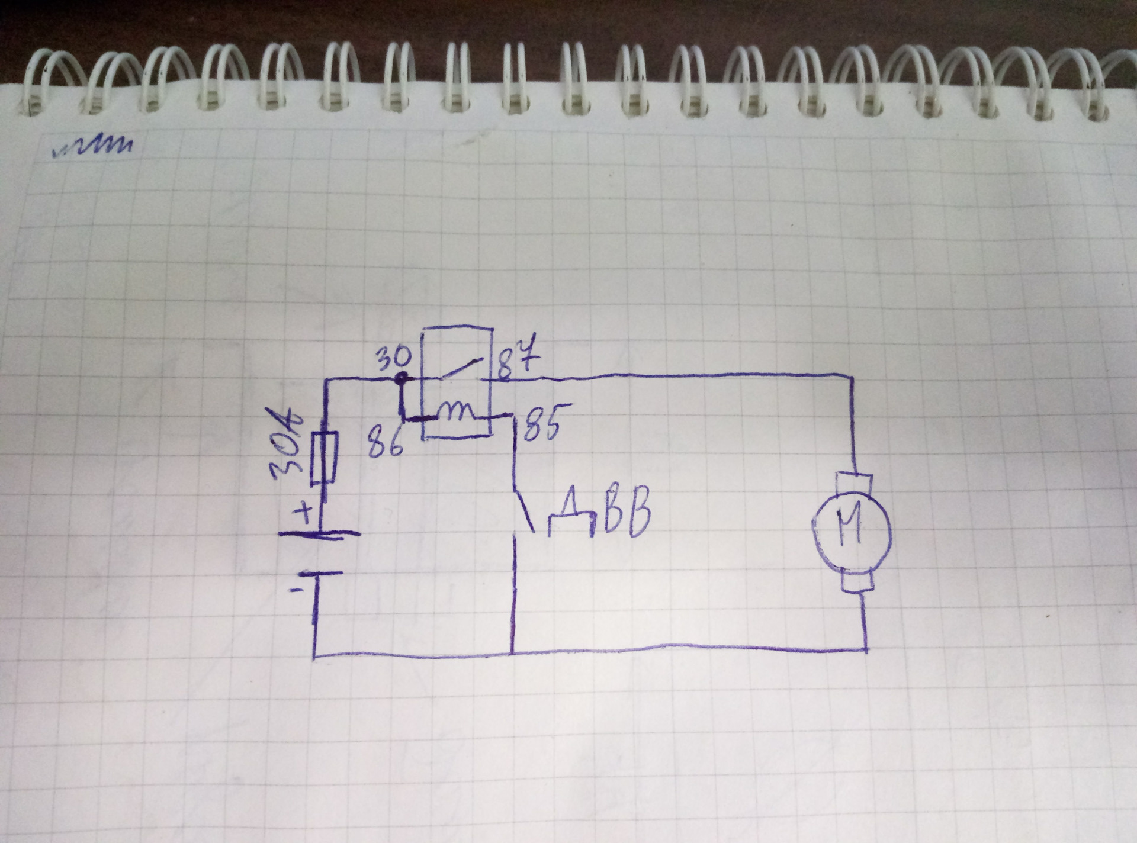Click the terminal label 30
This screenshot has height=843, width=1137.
[393, 358]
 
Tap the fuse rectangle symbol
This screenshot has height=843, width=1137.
[325, 458]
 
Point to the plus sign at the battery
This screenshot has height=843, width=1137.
[305, 513]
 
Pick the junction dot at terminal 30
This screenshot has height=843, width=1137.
[402, 377]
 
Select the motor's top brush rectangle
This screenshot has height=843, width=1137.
[853, 483]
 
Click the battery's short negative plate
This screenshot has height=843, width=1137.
[320, 574]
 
